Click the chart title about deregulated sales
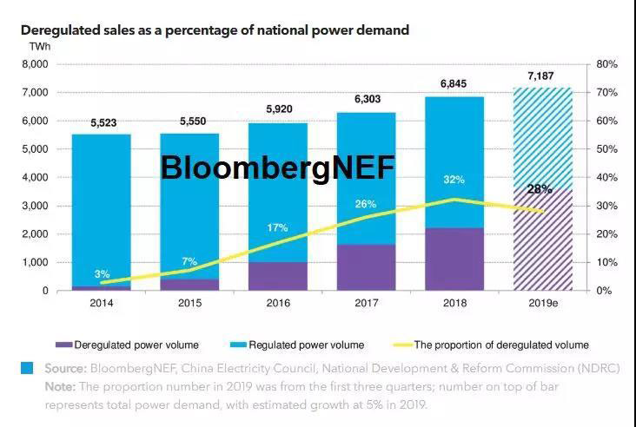pos(215,30)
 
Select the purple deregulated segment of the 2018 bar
pos(454,259)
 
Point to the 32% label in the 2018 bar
pos(454,180)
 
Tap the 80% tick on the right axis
pos(606,64)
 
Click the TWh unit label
pos(40,45)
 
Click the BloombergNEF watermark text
pos(277,168)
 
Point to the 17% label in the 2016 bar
pos(277,227)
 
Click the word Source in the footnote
pos(66,369)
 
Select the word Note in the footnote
pos(62,386)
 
